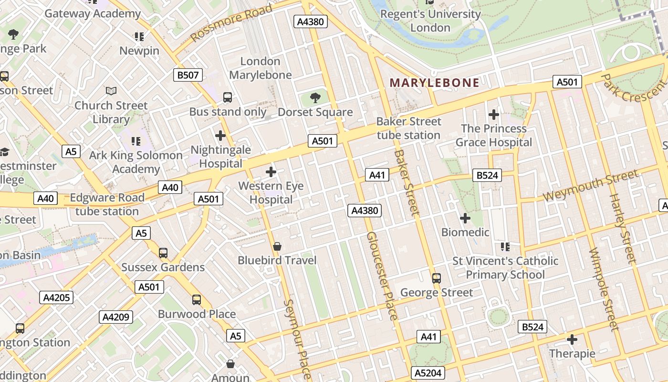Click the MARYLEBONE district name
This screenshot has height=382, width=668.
[x=435, y=83]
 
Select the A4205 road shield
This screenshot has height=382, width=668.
[x=57, y=297]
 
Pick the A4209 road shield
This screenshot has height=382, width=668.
[x=116, y=317]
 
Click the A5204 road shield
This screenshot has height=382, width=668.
[x=428, y=373]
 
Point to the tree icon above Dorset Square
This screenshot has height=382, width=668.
[x=315, y=98]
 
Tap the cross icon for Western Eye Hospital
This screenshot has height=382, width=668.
[x=271, y=172]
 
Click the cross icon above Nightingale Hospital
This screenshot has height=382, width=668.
[x=220, y=136]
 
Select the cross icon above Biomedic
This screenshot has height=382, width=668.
[x=465, y=218]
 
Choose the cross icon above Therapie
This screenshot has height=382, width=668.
[x=572, y=340]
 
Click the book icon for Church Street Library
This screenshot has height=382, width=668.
[x=111, y=91]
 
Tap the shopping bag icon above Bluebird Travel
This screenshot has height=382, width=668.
[x=277, y=246]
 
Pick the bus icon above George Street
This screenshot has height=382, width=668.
[x=436, y=278]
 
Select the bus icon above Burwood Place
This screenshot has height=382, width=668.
[x=197, y=300]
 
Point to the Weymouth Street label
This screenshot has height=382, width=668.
[x=590, y=186]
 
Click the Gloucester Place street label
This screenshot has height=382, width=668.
[x=381, y=276]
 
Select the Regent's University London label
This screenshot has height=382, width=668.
[x=430, y=21]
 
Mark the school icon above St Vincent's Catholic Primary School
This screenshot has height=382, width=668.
[x=505, y=247]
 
